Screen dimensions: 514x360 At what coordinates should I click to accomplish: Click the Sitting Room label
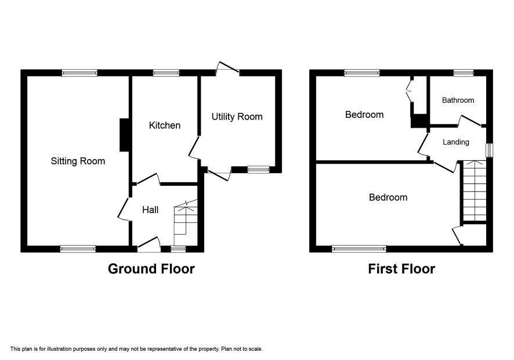(x=78, y=161)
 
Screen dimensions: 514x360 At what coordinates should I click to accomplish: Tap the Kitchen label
(x=165, y=125)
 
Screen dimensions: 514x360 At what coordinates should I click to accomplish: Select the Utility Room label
(x=237, y=117)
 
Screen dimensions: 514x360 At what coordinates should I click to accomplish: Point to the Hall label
(x=150, y=210)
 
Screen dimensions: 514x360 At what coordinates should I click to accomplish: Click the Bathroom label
(x=458, y=100)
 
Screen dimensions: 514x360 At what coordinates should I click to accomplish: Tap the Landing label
(x=456, y=142)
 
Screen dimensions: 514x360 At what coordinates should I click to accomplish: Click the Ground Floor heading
(x=151, y=269)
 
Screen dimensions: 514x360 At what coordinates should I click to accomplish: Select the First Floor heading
(x=401, y=269)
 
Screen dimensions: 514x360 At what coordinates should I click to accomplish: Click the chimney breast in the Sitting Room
(x=124, y=135)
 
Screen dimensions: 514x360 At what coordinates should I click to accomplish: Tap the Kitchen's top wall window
(x=166, y=73)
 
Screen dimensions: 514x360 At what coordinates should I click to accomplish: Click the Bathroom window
(x=464, y=73)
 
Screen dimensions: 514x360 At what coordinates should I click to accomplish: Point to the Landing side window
(x=490, y=150)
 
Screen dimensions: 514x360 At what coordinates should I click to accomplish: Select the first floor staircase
(x=475, y=191)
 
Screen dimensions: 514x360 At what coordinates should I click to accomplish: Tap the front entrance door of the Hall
(x=149, y=244)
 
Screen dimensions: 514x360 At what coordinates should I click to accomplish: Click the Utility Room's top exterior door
(x=227, y=69)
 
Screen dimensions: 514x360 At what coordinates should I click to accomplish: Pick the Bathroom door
(x=470, y=121)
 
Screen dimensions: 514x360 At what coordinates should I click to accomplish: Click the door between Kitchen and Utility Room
(x=194, y=147)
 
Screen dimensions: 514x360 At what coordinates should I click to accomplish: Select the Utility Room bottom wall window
(x=258, y=170)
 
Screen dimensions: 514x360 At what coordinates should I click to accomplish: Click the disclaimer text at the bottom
(x=136, y=349)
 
